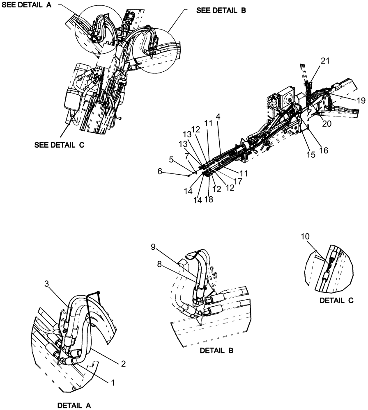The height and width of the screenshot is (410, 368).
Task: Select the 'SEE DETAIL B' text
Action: pyautogui.click(x=221, y=11)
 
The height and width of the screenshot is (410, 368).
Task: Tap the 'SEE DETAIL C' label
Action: pyautogui.click(x=60, y=145)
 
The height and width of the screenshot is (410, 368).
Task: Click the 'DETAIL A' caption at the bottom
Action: pyautogui.click(x=74, y=405)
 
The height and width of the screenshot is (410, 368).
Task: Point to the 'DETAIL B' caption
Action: pyautogui.click(x=216, y=351)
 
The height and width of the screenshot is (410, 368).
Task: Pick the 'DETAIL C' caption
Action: pyautogui.click(x=337, y=301)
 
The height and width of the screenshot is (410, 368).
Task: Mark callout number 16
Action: pyautogui.click(x=324, y=150)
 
